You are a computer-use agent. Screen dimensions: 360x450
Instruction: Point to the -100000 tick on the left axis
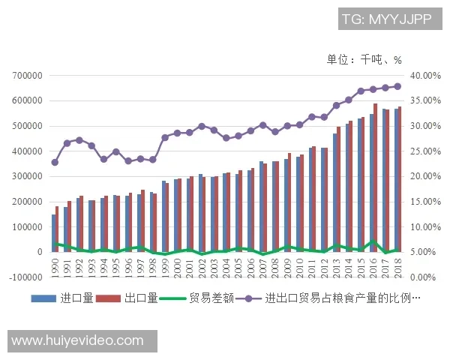pyautogui.click(x=24, y=277)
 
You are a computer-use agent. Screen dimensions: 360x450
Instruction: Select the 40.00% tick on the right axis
pyautogui.click(x=426, y=76)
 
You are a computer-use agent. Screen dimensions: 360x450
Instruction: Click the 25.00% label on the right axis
pyautogui.click(x=426, y=151)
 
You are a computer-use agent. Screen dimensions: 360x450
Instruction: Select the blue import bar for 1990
pyautogui.click(x=53, y=233)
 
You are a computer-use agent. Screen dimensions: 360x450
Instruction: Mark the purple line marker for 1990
pyautogui.click(x=55, y=162)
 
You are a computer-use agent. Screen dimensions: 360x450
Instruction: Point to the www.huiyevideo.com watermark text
pyautogui.click(x=78, y=340)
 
